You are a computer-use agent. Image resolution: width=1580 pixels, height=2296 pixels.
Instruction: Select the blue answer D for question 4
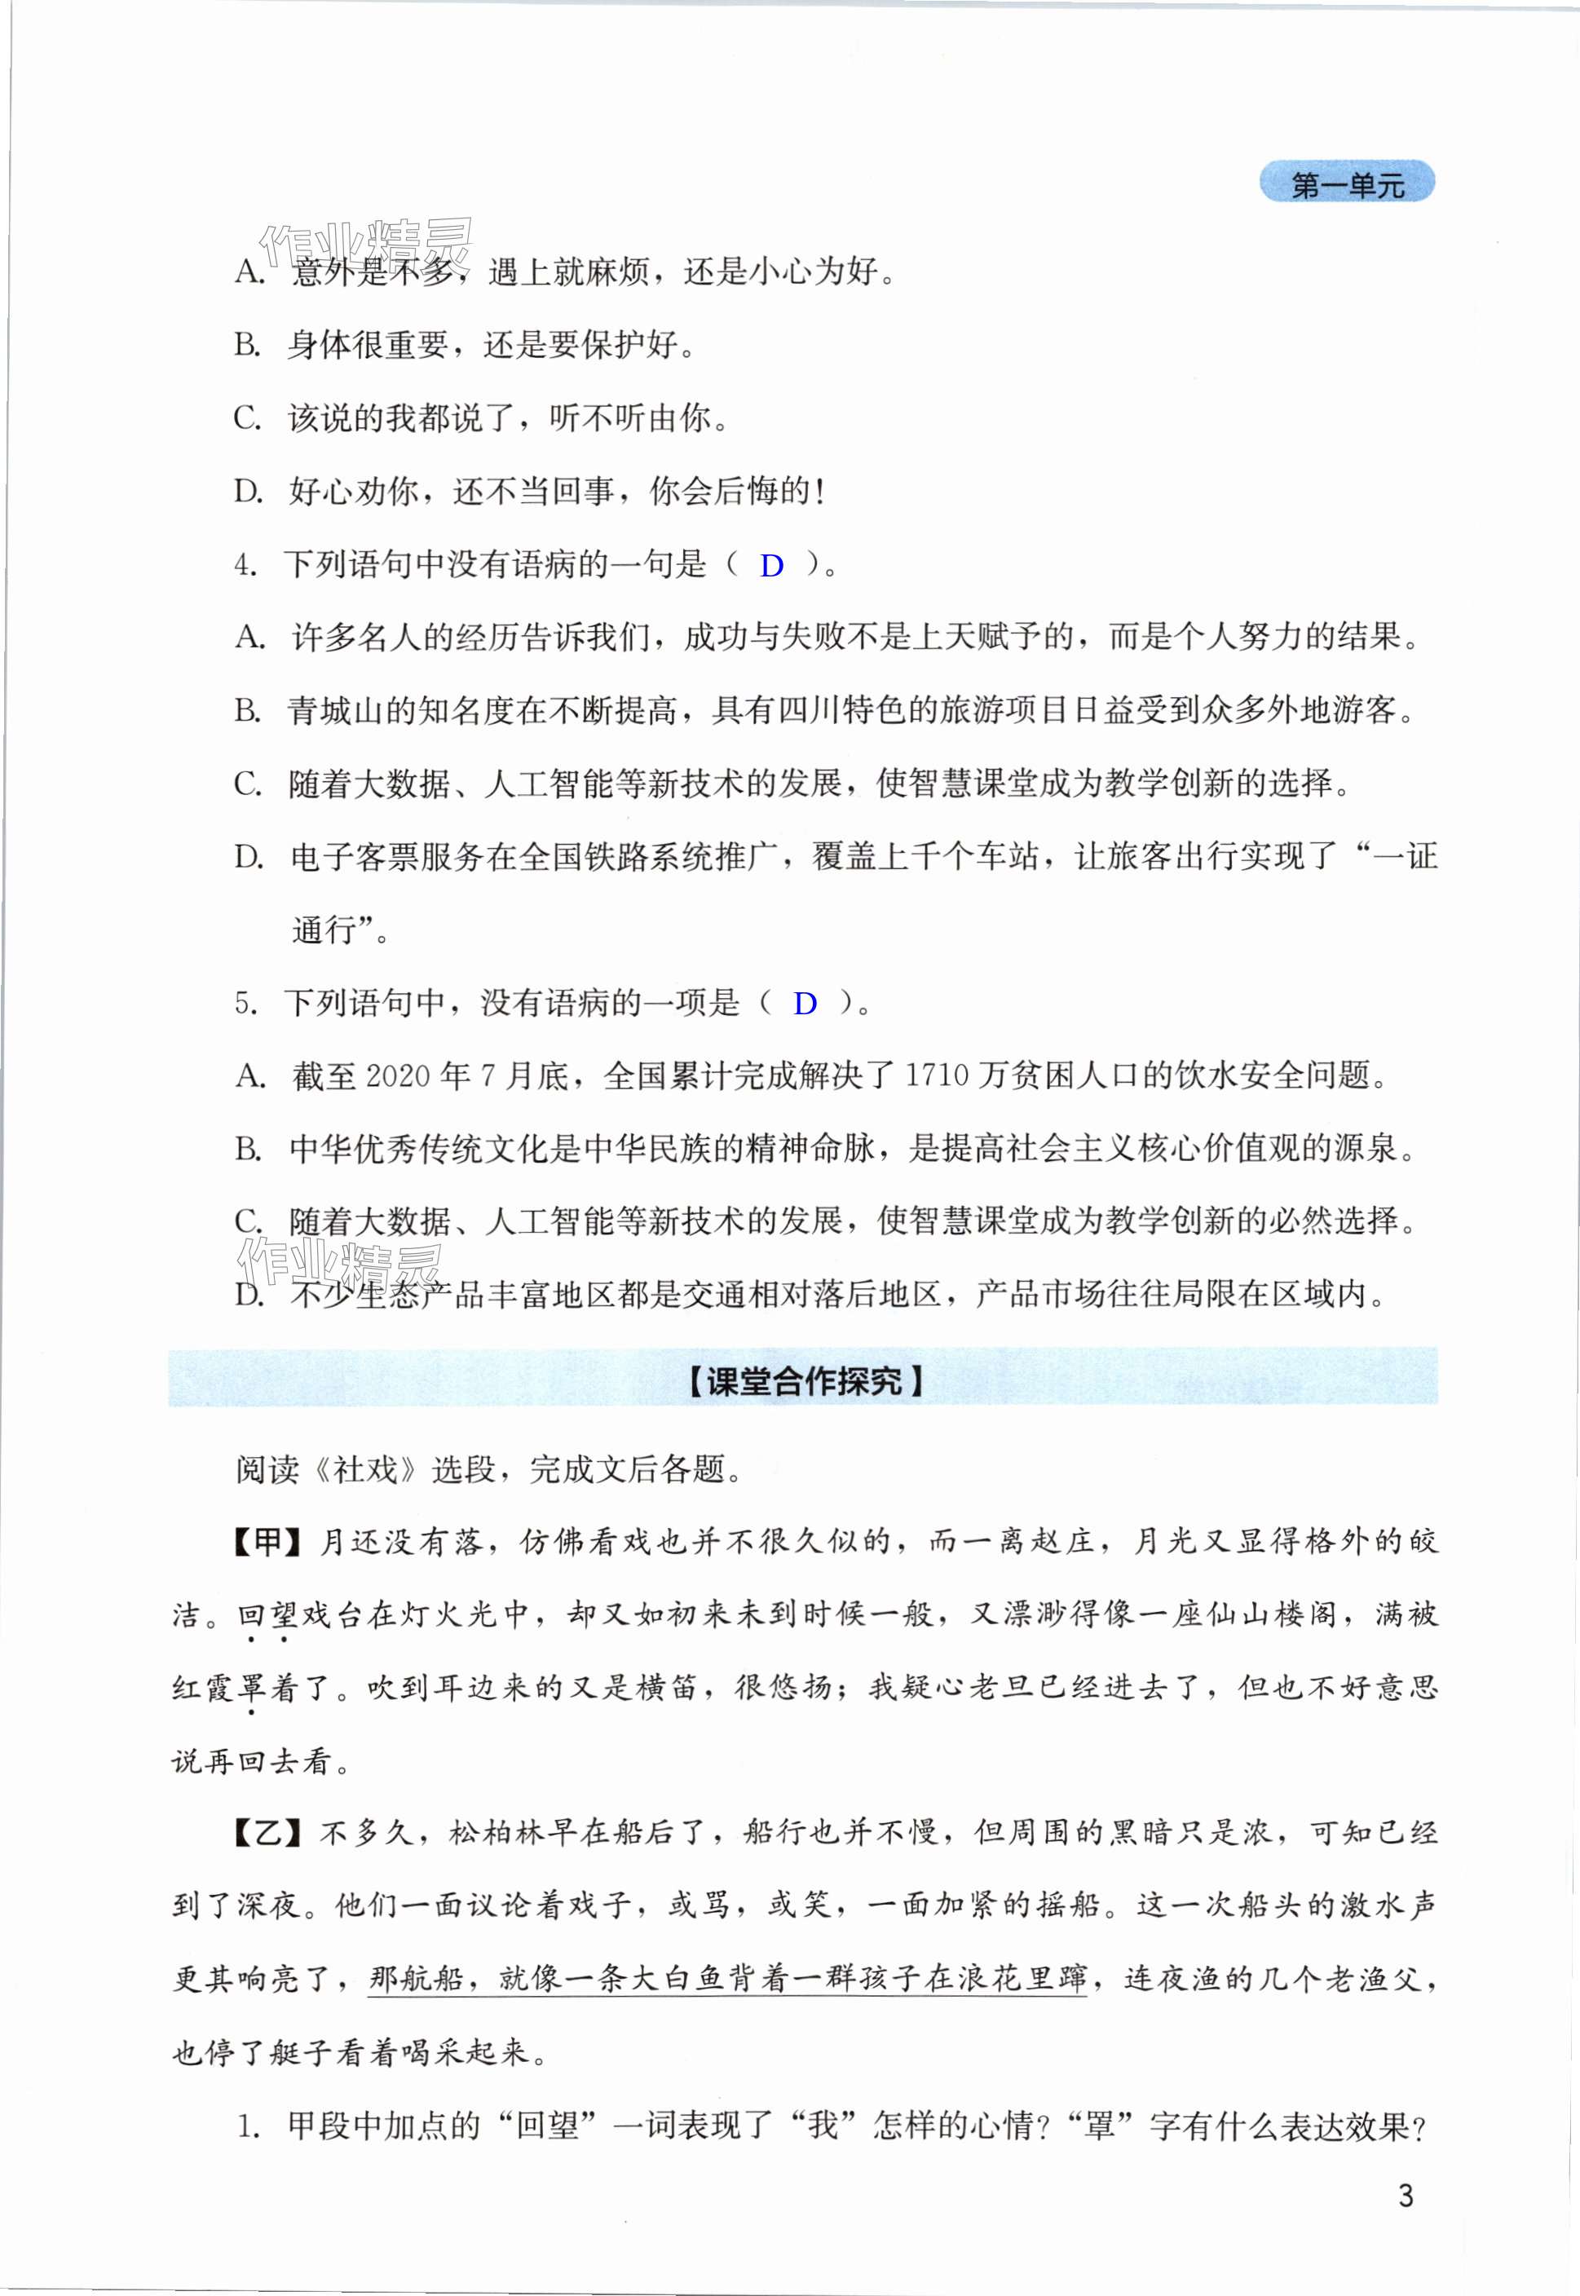[771, 567]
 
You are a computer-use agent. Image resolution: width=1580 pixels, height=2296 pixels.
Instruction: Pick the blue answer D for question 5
[805, 1004]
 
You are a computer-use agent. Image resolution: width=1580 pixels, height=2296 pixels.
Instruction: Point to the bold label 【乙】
[268, 1834]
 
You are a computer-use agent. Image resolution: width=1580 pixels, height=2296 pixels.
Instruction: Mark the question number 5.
[244, 1004]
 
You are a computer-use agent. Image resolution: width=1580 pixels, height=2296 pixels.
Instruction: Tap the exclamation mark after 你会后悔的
[819, 492]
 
